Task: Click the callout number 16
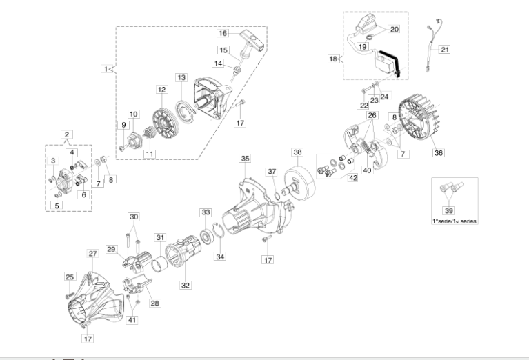(223, 33)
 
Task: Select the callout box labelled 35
(245, 159)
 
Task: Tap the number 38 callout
(297, 152)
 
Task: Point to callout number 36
(438, 153)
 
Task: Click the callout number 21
(445, 50)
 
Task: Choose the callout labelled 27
(92, 254)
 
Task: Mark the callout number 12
(161, 90)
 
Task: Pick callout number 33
(206, 212)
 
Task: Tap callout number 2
(66, 134)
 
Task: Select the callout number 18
(333, 59)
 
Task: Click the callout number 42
(352, 178)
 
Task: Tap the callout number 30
(134, 217)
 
